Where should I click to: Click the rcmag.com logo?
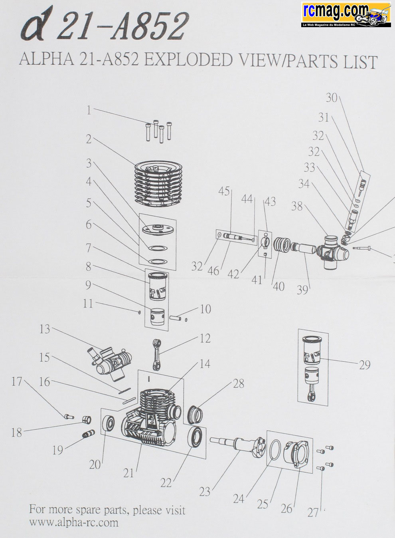tap(346, 15)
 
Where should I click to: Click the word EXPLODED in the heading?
tap(188, 60)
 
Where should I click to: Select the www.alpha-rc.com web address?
tap(73, 522)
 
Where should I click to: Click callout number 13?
tap(45, 329)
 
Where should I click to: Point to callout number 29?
tap(364, 365)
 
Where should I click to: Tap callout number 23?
tap(204, 491)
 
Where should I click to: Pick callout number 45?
tap(224, 191)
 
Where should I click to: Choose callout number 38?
tap(297, 206)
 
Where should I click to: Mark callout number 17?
tap(16, 381)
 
